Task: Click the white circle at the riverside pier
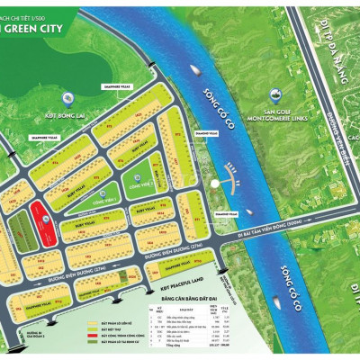click(213, 184)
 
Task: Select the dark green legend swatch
click(92, 344)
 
